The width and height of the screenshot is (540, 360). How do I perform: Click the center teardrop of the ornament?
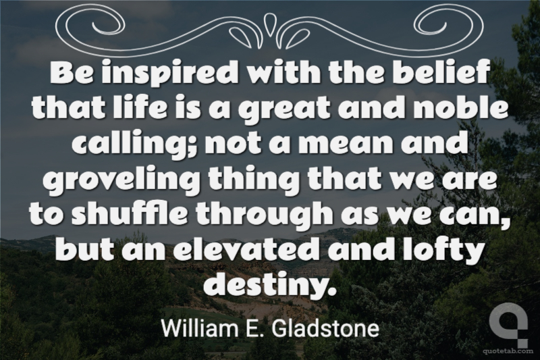pos(269,24)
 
